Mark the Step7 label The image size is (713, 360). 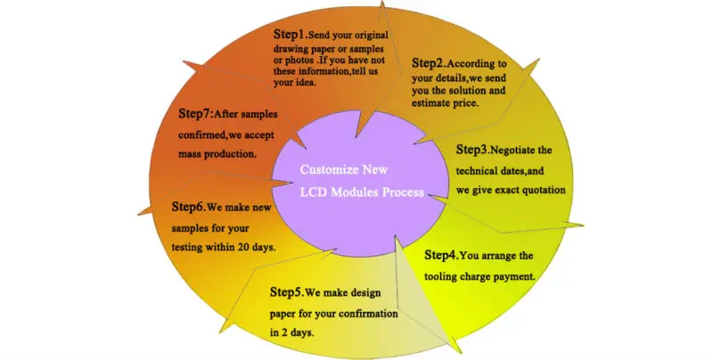click(195, 113)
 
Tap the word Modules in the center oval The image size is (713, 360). click(350, 193)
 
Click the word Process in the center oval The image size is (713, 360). click(402, 193)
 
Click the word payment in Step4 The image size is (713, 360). click(511, 275)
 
